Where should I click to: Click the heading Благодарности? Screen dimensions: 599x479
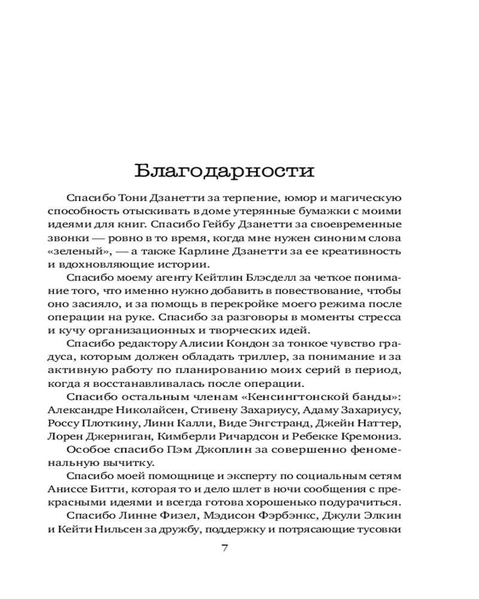click(x=224, y=171)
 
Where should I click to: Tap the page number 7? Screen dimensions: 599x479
click(x=225, y=547)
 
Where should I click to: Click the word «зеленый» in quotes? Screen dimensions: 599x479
click(x=69, y=250)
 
